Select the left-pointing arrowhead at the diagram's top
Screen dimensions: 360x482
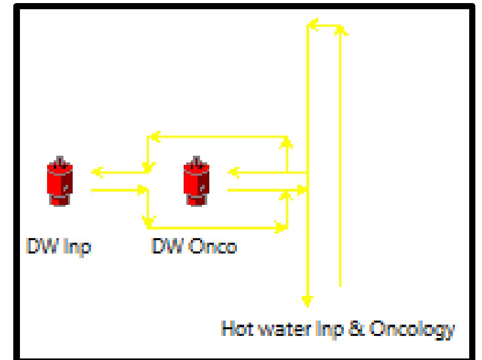(x=313, y=24)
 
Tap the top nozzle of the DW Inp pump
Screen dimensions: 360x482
(x=60, y=160)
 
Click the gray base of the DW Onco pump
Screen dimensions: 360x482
(x=196, y=199)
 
